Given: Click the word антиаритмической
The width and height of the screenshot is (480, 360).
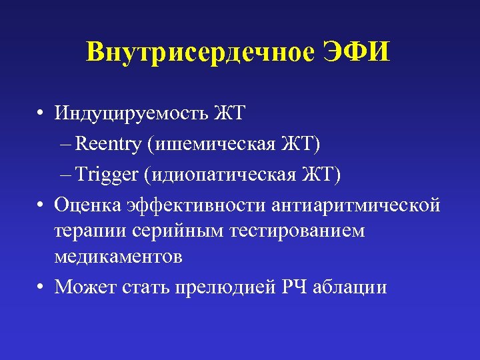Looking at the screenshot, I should pos(356,206).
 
